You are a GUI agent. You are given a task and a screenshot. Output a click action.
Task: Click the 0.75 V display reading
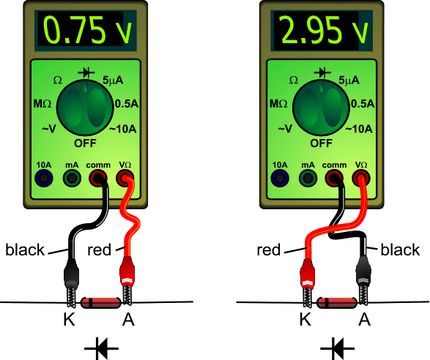(87, 30)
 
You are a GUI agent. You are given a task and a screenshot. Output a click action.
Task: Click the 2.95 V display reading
(324, 30)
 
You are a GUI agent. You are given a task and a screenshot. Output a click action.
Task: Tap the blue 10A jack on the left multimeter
(44, 179)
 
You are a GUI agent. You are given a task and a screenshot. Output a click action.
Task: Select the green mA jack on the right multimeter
(308, 179)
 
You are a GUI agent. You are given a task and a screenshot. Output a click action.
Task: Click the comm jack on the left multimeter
(98, 179)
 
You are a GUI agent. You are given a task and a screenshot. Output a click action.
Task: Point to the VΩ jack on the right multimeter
(361, 179)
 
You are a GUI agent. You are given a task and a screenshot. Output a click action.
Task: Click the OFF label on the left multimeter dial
(85, 143)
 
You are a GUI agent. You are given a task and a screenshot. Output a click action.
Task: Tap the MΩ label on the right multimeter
(278, 104)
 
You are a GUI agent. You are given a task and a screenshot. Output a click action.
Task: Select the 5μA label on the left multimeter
(113, 80)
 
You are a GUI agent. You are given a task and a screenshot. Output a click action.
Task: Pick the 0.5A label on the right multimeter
(363, 104)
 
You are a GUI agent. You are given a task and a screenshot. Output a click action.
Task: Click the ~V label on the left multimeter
(49, 129)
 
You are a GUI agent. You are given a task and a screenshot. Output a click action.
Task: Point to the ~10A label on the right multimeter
(359, 129)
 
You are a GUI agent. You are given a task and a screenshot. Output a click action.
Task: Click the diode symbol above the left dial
(86, 73)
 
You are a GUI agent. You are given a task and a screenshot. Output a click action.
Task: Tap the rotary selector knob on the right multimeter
(321, 108)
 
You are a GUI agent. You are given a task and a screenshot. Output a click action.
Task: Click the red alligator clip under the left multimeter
(127, 280)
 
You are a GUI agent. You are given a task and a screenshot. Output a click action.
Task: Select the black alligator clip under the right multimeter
(363, 280)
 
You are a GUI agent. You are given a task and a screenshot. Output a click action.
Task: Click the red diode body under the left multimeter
(101, 302)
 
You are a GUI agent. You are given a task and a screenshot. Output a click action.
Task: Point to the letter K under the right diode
(305, 319)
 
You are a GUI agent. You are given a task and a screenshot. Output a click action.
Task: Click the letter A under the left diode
(128, 319)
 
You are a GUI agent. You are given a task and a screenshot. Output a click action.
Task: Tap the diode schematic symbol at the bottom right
(337, 349)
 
